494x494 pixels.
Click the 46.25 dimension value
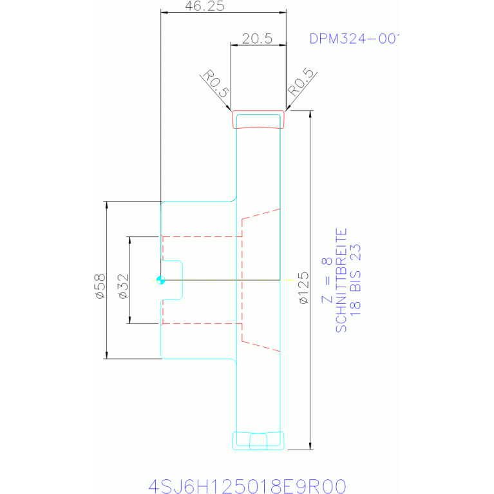pyautogui.click(x=204, y=6)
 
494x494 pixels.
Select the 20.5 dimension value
pyautogui.click(x=257, y=39)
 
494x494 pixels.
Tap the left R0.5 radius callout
pyautogui.click(x=215, y=84)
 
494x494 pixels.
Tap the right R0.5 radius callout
pyautogui.click(x=301, y=82)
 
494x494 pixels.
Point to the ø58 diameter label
pyautogui.click(x=100, y=287)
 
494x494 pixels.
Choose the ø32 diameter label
pyautogui.click(x=123, y=287)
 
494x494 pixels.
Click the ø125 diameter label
pyautogui.click(x=304, y=288)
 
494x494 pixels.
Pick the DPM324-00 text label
pyautogui.click(x=354, y=39)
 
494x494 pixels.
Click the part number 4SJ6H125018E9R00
pyautogui.click(x=247, y=486)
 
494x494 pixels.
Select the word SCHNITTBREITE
pyautogui.click(x=341, y=280)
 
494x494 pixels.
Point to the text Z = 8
pyautogui.click(x=327, y=280)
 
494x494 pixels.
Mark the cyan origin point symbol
pyautogui.click(x=160, y=280)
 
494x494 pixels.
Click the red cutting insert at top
pyautogui.click(x=258, y=119)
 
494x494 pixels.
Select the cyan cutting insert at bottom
pyautogui.click(x=258, y=441)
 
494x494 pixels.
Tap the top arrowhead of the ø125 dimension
pyautogui.click(x=310, y=114)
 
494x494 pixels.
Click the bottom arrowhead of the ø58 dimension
pyautogui.click(x=106, y=355)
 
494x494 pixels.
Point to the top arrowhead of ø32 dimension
pyautogui.click(x=129, y=240)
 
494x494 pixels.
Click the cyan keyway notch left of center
pyautogui.click(x=172, y=280)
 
